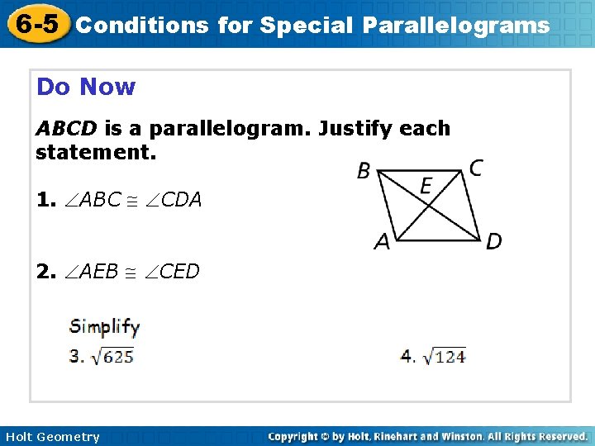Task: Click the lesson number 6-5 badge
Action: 34,24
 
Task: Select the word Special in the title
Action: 306,26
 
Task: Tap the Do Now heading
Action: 86,87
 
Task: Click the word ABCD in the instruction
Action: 66,129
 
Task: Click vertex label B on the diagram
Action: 364,171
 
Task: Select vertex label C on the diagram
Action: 476,168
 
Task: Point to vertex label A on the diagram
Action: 382,241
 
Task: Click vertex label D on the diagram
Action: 493,241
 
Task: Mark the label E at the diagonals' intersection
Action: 426,186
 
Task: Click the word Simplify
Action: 104,326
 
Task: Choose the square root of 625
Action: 112,356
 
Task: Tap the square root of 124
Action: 444,356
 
